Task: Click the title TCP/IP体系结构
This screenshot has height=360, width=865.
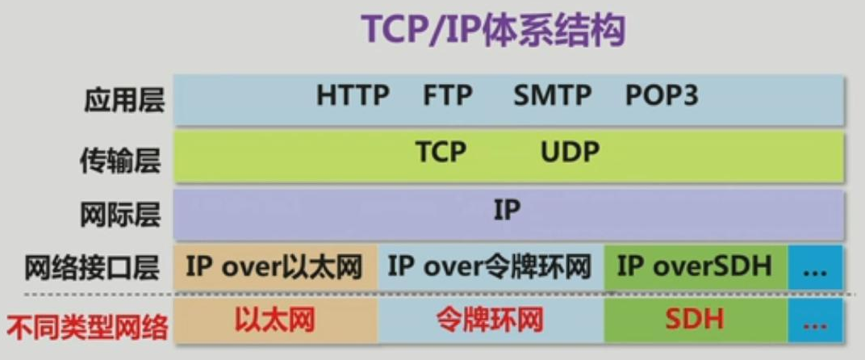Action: pos(493,31)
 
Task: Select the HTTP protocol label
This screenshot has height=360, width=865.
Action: pos(353,95)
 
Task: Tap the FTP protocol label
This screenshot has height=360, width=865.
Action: pos(447,95)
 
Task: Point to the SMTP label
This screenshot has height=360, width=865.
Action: pos(552,95)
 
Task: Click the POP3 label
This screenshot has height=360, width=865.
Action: pos(662,95)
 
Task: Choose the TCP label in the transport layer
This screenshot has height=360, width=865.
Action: pos(441,152)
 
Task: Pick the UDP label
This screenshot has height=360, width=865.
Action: pos(570,152)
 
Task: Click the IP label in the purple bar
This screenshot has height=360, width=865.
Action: pos(507,211)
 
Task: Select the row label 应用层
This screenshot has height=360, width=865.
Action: pos(124,101)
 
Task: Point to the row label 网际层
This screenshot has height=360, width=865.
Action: pos(120,215)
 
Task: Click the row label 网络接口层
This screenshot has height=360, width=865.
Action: pos(92,268)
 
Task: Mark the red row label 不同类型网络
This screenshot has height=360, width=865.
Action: pos(87,328)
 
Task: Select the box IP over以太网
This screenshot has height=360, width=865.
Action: pos(276,268)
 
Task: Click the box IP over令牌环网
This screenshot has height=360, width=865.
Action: pos(491,268)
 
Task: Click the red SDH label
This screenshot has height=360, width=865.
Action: pos(694,320)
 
